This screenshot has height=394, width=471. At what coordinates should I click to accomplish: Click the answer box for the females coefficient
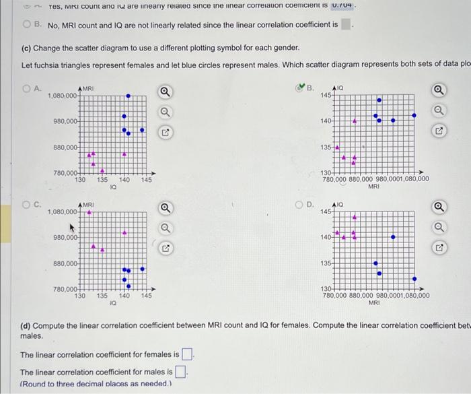[187, 354]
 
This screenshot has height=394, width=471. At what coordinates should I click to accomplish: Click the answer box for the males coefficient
[180, 372]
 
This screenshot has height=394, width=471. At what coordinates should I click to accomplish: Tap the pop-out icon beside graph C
[164, 249]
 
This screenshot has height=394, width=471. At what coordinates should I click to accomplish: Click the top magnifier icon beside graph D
[439, 207]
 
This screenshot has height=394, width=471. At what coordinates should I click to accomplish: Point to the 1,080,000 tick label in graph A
[63, 96]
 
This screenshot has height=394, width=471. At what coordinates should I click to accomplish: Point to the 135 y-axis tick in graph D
[326, 263]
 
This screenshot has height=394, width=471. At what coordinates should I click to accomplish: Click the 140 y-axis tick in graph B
[326, 121]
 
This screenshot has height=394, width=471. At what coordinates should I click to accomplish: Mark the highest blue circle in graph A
[128, 96]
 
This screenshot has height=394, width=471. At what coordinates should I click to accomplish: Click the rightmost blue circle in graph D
[414, 278]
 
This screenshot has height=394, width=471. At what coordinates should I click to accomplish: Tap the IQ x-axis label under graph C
[112, 304]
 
